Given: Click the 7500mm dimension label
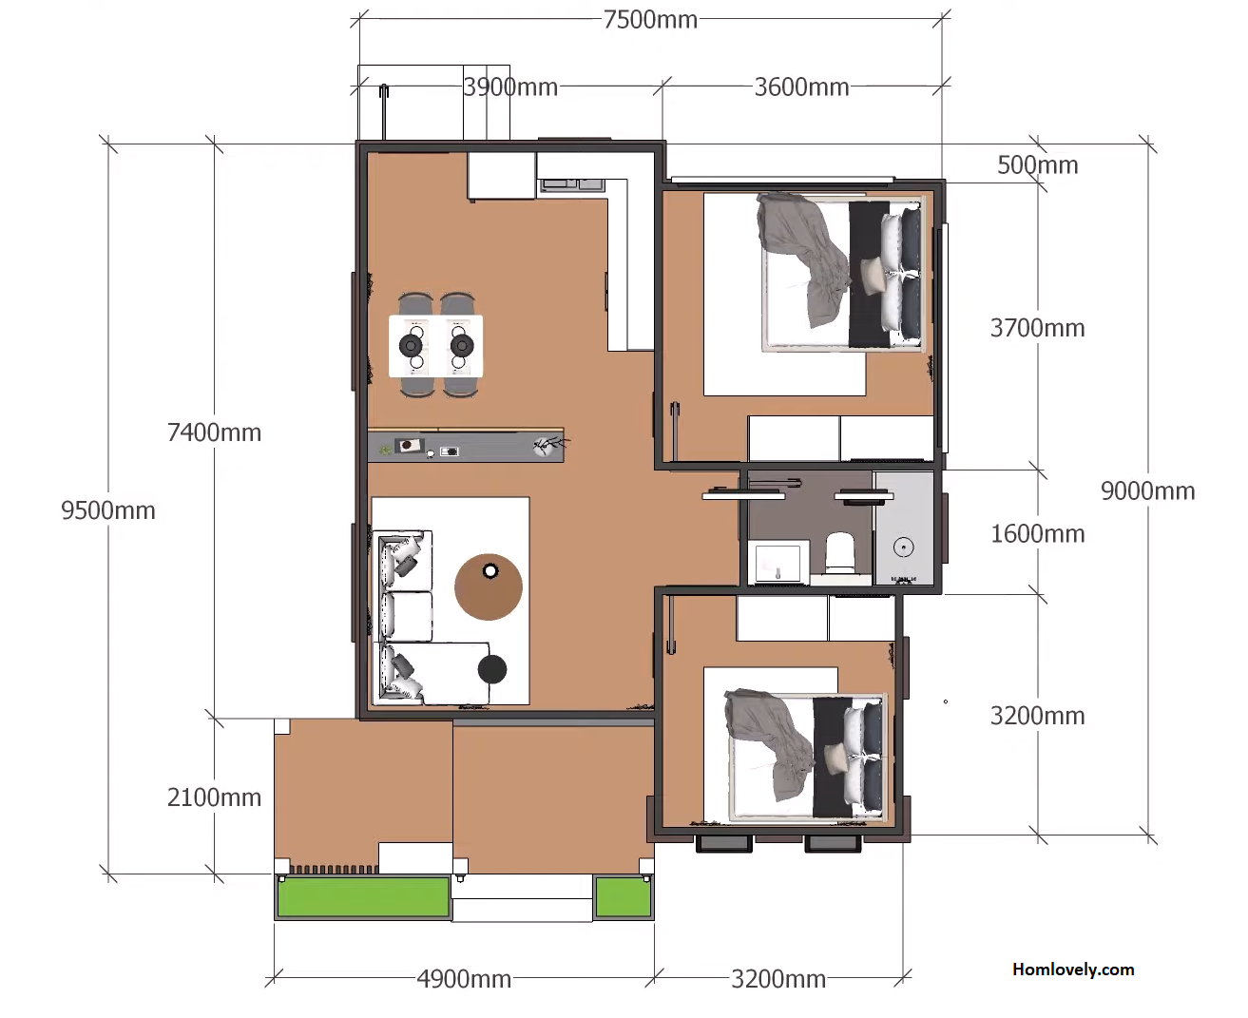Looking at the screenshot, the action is pos(650,20).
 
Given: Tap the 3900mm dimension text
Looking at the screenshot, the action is pos(510,87).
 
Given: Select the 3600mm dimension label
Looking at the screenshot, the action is pos(802,87).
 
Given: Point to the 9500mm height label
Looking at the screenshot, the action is pos(108,510).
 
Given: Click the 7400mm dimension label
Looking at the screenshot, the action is pos(214,432).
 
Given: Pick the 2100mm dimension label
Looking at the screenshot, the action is pos(214,797).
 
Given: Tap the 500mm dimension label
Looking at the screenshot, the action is pos(1037,165).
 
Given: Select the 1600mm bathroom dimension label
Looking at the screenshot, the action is pos(1037,534).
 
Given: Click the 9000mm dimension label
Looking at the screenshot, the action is pos(1148,491).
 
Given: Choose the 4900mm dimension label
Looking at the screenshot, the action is pos(464,979).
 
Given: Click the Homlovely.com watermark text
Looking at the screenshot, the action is pos(1073,969).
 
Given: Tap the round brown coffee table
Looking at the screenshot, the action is pos(489,587).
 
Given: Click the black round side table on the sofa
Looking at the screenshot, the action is pos(492,669).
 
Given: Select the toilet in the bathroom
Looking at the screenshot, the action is pos(839,552).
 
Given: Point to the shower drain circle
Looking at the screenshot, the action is pos(903,547).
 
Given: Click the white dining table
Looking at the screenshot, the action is pos(435,346).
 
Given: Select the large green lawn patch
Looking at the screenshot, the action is pos(363,897).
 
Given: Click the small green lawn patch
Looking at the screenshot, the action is pos(624,897).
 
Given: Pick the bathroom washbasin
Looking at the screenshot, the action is pos(778,563).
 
